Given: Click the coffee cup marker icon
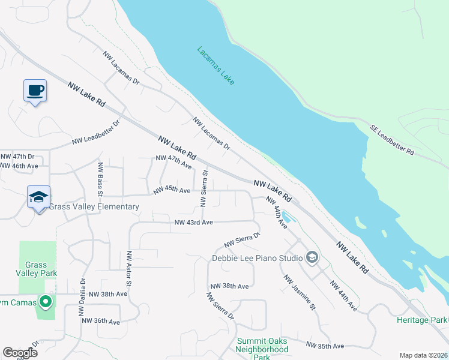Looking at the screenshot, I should pyautogui.click(x=35, y=91).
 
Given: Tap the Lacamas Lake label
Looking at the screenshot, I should pyautogui.click(x=215, y=65).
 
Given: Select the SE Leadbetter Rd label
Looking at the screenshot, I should pyautogui.click(x=392, y=140).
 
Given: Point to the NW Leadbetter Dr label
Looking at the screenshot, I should pyautogui.click(x=96, y=133).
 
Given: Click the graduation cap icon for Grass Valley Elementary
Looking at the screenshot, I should pyautogui.click(x=38, y=197).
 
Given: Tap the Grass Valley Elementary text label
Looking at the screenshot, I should pyautogui.click(x=94, y=207).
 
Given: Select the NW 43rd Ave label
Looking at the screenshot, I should pyautogui.click(x=193, y=223).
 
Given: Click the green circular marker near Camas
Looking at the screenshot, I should pyautogui.click(x=44, y=301).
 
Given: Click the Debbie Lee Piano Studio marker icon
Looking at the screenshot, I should pyautogui.click(x=312, y=258).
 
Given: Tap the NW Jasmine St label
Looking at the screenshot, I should pyautogui.click(x=300, y=293).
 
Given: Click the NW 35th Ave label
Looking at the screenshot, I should pyautogui.click(x=325, y=346).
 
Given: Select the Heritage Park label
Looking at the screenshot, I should pyautogui.click(x=422, y=320).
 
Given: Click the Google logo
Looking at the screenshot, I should pyautogui.click(x=20, y=353).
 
